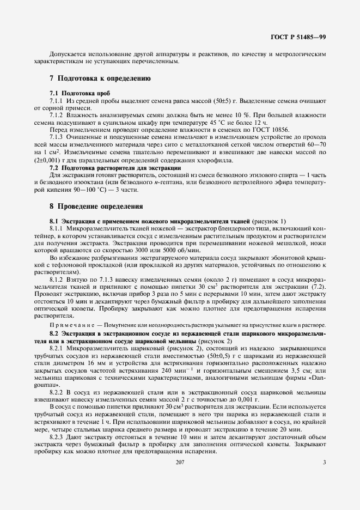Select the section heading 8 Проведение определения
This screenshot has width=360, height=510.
pyautogui.click(x=96, y=207)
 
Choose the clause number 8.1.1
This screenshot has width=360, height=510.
pyautogui.click(x=57, y=229)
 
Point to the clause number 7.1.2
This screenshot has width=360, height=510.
pyautogui.click(x=57, y=116)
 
